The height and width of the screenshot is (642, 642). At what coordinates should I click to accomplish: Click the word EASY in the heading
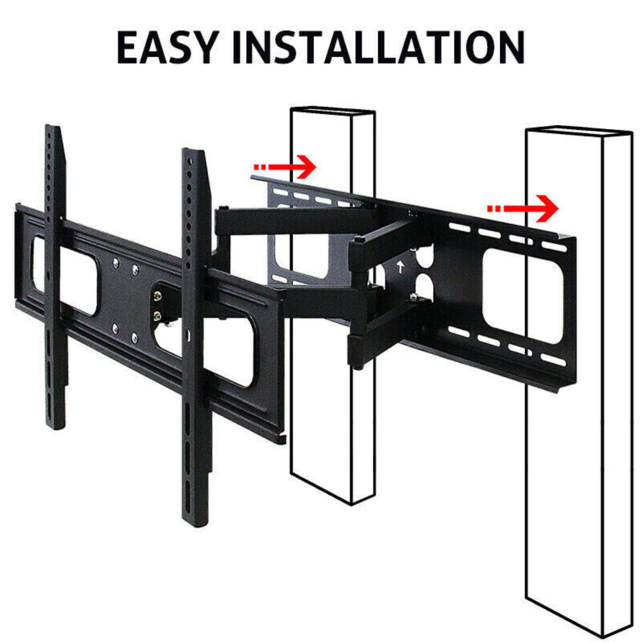pos(168,47)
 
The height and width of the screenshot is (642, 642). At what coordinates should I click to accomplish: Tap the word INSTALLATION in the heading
pos(378,47)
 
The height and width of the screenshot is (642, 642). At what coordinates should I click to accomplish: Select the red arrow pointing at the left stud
pos(284,167)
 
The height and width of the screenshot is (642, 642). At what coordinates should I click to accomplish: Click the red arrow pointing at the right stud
pos(522,208)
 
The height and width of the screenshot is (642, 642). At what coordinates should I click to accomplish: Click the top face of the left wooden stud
pos(333,111)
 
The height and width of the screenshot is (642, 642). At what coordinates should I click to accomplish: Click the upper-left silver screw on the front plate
pos(116,263)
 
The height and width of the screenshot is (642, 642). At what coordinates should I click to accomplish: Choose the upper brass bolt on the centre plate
pos(157,296)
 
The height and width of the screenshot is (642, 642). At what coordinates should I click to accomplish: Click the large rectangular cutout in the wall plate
pos(523,296)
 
